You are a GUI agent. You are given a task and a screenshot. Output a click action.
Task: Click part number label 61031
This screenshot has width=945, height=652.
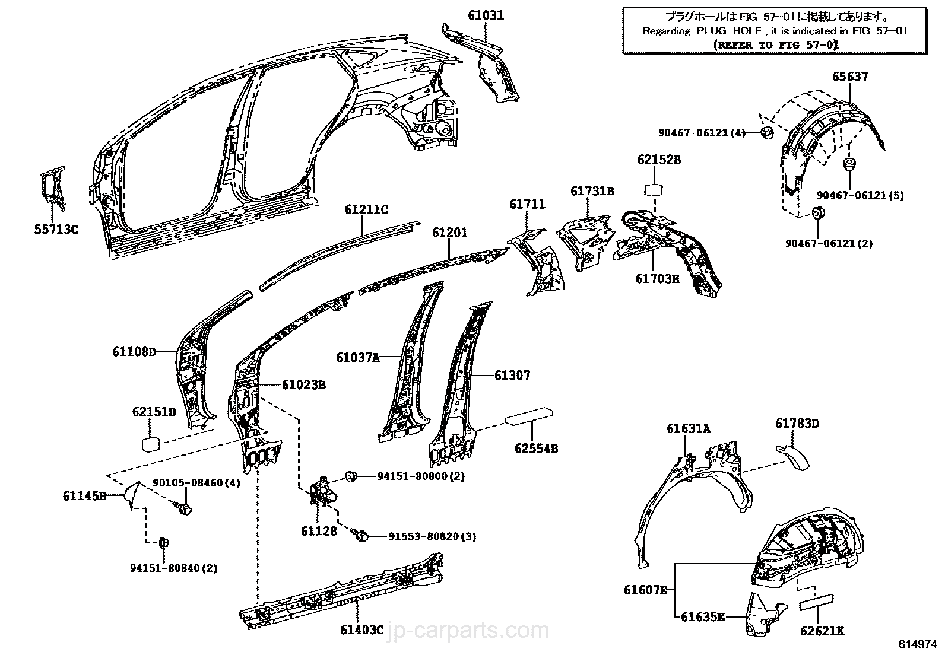[486, 15]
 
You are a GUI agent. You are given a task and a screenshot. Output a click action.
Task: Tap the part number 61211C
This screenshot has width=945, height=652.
[366, 209]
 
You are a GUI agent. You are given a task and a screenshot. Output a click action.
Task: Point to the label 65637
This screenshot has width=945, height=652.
[849, 77]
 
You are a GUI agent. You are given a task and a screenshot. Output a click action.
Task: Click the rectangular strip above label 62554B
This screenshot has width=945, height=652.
[529, 416]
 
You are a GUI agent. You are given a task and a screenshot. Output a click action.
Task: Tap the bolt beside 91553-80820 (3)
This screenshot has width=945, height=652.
[361, 535]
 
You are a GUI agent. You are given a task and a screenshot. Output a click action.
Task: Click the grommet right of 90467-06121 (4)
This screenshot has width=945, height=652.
[767, 132]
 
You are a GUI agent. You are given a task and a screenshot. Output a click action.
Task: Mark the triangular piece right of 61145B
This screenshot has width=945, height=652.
[132, 494]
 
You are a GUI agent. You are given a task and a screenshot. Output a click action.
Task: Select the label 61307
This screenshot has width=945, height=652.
[512, 375]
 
